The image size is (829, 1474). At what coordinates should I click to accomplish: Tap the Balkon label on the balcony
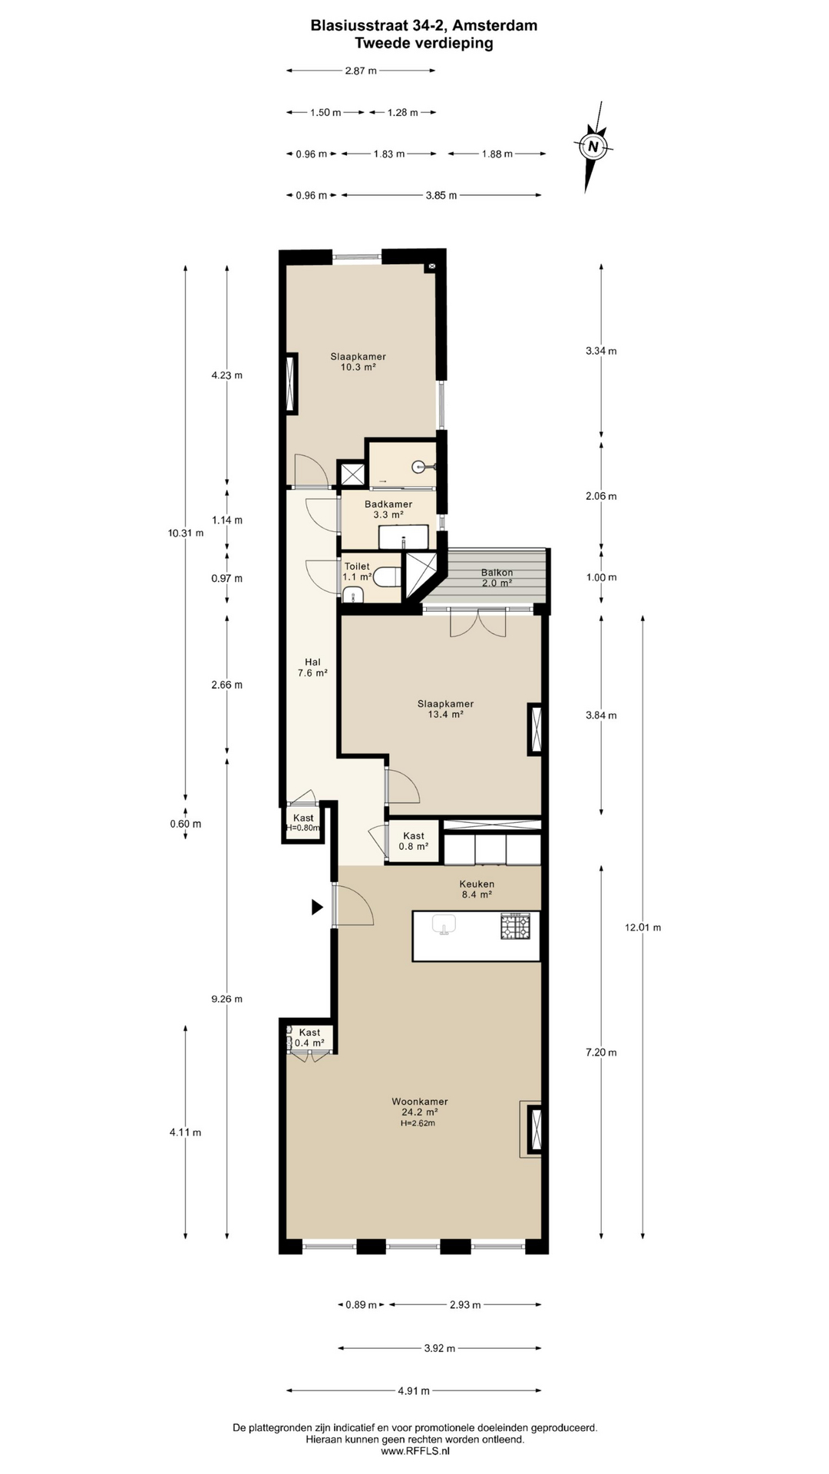click(497, 573)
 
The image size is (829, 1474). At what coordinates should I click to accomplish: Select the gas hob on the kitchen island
click(515, 927)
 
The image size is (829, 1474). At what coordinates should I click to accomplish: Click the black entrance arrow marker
click(317, 907)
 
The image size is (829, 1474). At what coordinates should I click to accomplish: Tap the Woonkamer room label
click(419, 1102)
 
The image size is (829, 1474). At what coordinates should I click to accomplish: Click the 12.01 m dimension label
click(642, 927)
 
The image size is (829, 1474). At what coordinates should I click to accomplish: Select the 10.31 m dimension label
click(186, 533)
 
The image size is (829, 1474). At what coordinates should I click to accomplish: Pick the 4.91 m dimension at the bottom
click(414, 1390)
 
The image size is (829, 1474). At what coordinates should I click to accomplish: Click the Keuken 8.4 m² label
click(477, 889)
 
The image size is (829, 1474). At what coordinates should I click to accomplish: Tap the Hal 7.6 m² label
click(312, 667)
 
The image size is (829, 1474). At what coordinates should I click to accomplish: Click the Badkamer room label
click(388, 504)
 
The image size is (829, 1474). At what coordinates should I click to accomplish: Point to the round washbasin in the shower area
click(419, 466)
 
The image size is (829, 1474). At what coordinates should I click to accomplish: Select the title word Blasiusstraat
click(355, 25)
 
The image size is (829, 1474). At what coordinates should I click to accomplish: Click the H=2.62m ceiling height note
click(418, 1123)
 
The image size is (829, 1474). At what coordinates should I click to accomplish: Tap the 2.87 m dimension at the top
click(361, 71)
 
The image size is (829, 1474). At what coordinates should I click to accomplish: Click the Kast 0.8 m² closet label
click(414, 841)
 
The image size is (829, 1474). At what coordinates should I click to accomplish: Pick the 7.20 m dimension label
click(601, 1053)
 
